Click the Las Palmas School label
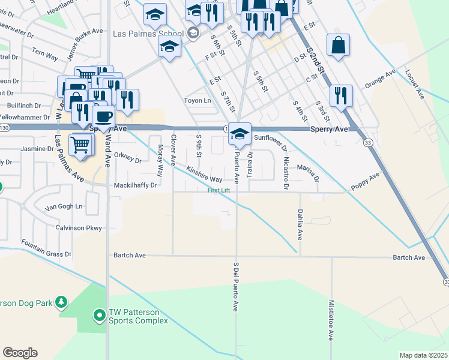148,33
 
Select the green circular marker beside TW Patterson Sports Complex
99,314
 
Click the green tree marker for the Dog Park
61,302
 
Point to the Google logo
20,353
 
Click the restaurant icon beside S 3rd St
341,96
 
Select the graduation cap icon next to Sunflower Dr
239,135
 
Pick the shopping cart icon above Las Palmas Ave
80,144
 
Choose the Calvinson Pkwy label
79,227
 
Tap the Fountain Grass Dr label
46,249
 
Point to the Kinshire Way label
203,175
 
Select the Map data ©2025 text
424,355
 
